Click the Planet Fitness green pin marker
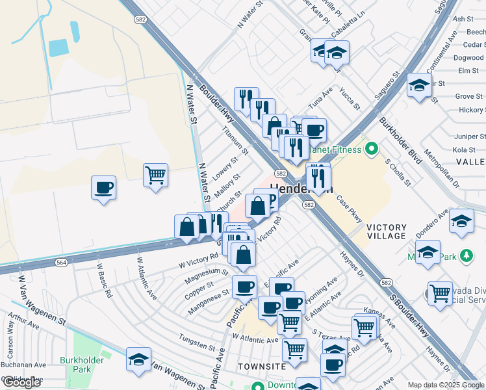coord(371,150)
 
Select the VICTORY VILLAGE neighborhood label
coord(387,231)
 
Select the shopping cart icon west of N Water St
coord(156,175)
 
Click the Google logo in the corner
coord(21,382)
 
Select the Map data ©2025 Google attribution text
coord(446,385)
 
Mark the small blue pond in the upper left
coord(58,47)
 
